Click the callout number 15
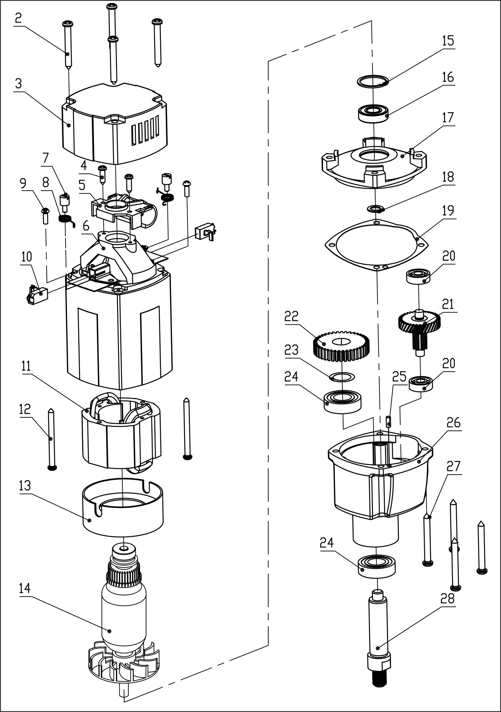(448, 41)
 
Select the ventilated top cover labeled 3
(114, 123)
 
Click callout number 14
(25, 588)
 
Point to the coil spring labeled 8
(66, 219)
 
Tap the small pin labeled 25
(389, 422)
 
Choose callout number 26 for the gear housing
(454, 423)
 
